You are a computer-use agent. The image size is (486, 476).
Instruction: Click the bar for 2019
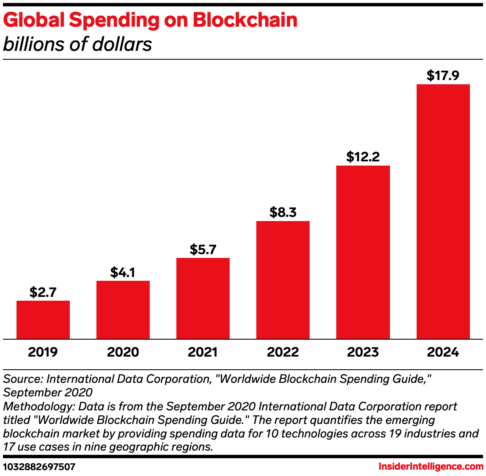tap(43, 320)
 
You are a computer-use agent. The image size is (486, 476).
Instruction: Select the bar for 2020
tap(123, 310)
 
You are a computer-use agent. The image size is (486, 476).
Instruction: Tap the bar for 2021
tap(203, 298)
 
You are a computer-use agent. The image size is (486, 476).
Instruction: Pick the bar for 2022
tap(283, 280)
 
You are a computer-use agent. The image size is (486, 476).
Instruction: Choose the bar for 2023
tap(363, 252)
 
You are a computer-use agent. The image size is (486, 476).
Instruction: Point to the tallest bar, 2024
tap(443, 211)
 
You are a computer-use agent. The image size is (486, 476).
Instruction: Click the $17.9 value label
tap(443, 76)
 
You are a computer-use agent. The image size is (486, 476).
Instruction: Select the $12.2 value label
tap(363, 157)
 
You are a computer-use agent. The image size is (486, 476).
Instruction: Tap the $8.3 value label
tap(283, 213)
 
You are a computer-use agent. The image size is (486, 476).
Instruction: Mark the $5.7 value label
tap(203, 249)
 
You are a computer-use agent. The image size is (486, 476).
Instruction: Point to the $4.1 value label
tap(123, 272)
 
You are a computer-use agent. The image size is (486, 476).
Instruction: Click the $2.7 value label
tap(43, 292)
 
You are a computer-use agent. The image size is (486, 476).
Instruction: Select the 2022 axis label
tap(283, 352)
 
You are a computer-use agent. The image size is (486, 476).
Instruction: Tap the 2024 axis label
tap(443, 352)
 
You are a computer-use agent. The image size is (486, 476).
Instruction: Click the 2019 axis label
tap(43, 352)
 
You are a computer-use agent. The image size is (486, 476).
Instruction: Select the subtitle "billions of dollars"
tap(77, 44)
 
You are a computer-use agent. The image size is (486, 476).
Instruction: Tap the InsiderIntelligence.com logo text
tap(431, 467)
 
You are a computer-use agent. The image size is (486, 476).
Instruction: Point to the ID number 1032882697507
tap(39, 467)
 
